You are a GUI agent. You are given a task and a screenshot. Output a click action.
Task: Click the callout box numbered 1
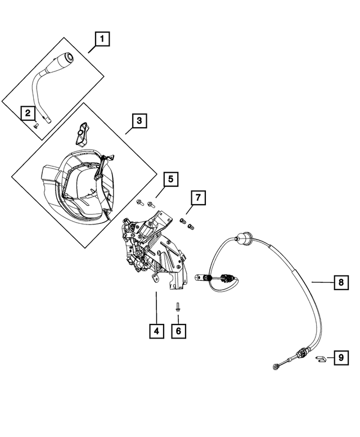(x=102, y=39)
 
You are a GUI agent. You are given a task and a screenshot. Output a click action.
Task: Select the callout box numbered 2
(x=26, y=113)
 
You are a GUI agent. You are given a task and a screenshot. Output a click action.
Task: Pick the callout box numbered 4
(x=156, y=331)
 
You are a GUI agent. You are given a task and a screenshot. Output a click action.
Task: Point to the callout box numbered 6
(x=178, y=331)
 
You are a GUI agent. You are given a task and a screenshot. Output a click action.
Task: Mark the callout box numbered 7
(x=198, y=197)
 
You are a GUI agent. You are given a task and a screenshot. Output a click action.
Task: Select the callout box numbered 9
(x=340, y=357)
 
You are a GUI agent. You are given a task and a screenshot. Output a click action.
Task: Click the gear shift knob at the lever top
(x=66, y=58)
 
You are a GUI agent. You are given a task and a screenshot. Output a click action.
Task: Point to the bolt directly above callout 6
(x=177, y=307)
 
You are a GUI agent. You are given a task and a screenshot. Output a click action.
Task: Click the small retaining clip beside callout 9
(x=321, y=358)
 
